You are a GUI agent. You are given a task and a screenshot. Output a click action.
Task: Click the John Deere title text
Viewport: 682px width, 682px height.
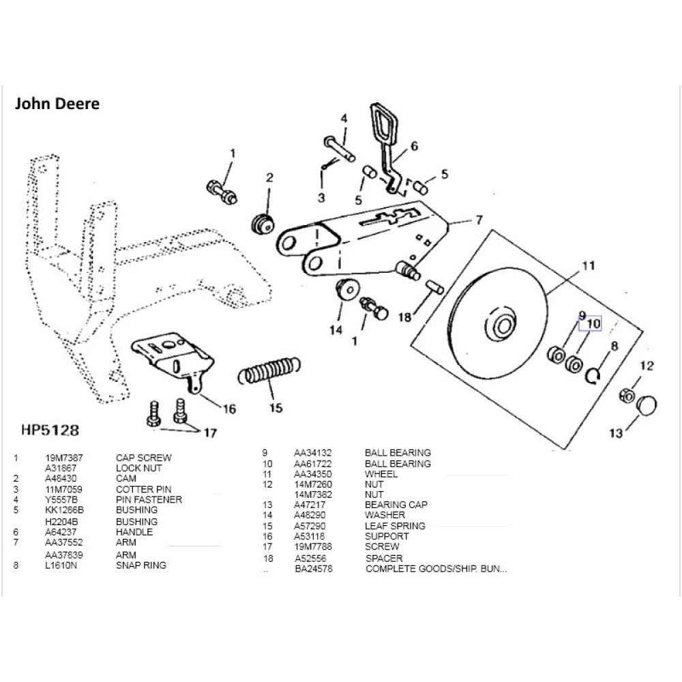point(57,104)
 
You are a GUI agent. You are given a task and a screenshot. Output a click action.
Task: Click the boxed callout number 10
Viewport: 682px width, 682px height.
point(593,324)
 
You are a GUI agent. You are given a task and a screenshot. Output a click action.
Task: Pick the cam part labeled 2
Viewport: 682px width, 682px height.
point(262,224)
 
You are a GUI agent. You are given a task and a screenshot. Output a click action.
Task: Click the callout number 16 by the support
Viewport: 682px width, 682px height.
point(229,409)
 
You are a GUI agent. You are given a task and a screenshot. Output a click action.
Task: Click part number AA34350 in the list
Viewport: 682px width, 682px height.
point(312,474)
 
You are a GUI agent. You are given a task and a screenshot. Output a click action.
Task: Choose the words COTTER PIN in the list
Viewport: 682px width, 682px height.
point(143,490)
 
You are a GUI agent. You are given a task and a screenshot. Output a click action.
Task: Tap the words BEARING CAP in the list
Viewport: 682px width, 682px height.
point(396,505)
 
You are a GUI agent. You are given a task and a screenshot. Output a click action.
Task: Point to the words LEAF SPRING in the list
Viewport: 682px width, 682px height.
point(395,526)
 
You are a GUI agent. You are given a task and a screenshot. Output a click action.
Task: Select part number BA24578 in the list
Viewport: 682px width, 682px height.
point(314,569)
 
